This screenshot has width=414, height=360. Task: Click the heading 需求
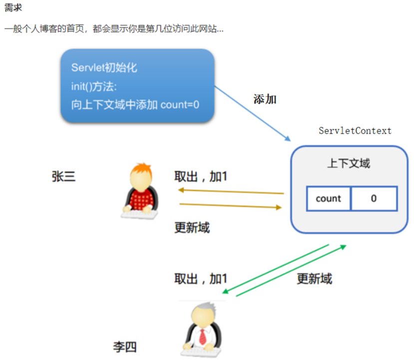point(13,8)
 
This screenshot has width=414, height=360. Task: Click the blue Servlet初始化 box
point(137,85)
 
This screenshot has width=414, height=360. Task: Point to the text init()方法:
point(94,86)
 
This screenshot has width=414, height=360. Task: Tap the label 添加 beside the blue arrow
point(265,99)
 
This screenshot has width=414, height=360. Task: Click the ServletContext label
point(355,131)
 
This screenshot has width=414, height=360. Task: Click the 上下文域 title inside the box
point(349,163)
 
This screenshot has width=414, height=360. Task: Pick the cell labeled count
point(328,199)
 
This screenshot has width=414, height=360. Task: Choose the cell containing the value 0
point(374,199)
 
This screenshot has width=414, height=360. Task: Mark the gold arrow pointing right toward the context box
point(230,205)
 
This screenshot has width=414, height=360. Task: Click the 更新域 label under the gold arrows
point(192,228)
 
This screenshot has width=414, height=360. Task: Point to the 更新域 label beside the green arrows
point(314,278)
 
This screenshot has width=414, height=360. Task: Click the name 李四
point(125,347)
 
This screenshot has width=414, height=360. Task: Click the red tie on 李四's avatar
point(203,336)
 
